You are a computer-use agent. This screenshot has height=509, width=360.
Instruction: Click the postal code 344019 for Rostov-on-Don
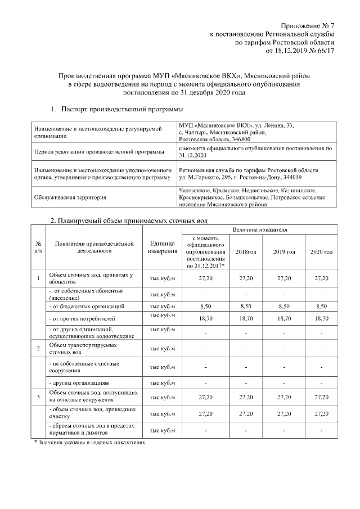(x=307, y=177)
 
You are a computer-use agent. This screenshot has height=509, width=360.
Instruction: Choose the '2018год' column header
(x=246, y=251)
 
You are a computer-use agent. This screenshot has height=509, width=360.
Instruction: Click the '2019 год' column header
(x=284, y=251)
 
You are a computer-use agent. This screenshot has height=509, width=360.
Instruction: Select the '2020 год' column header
(x=321, y=251)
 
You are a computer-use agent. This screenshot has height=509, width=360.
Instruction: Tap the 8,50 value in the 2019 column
(x=284, y=307)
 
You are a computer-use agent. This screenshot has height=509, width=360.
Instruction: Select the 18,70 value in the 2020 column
(x=321, y=318)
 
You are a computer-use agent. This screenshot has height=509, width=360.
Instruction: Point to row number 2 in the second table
(x=38, y=348)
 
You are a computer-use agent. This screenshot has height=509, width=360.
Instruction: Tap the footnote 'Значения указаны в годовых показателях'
(x=90, y=444)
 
